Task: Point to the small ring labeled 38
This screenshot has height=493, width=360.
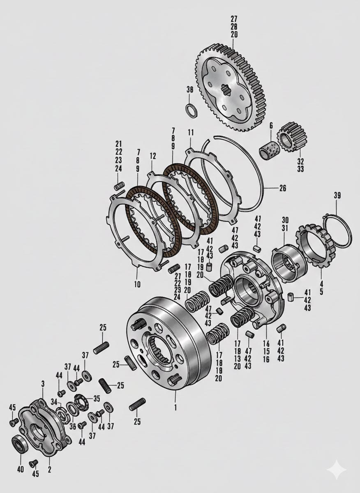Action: pos(191,111)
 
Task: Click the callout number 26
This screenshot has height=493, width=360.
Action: pos(282,189)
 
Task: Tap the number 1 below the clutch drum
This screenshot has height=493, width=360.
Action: pos(175,408)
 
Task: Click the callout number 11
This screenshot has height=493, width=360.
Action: pos(191,133)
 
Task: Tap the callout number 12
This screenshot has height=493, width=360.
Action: pos(153,157)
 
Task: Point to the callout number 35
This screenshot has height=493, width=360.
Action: pos(97,398)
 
